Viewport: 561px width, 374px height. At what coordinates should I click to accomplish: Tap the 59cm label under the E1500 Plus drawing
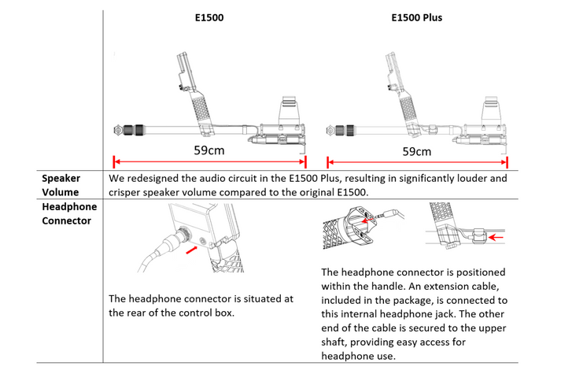click(416, 151)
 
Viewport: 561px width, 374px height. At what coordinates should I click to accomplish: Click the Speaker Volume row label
click(61, 185)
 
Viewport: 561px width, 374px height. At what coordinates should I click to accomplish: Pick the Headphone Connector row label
click(69, 213)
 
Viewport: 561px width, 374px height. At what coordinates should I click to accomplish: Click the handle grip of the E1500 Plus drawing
click(408, 106)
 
